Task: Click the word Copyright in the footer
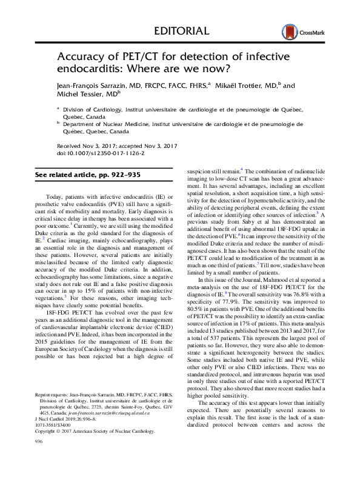coord(48,448)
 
